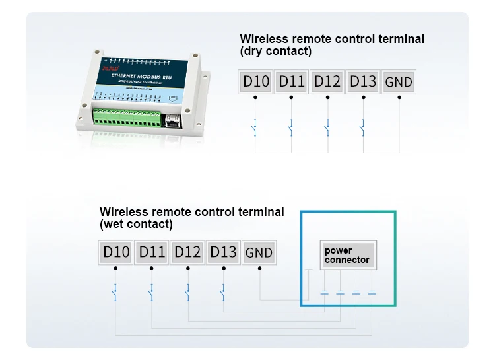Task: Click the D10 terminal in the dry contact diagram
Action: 255,82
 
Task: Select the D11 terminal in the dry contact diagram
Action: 291,82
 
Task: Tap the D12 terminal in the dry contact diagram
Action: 327,82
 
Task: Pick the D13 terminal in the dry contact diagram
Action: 363,82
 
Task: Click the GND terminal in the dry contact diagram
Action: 399,82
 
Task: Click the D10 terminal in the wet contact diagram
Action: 115,252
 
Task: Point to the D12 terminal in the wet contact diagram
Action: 187,252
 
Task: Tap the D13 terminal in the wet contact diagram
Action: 223,252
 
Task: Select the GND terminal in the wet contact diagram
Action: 259,252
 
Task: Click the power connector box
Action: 347,255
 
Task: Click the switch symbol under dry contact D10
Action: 255,127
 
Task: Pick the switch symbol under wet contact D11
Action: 151,291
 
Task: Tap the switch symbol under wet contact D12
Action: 187,291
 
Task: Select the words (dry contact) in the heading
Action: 276,52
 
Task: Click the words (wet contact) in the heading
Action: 136,224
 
